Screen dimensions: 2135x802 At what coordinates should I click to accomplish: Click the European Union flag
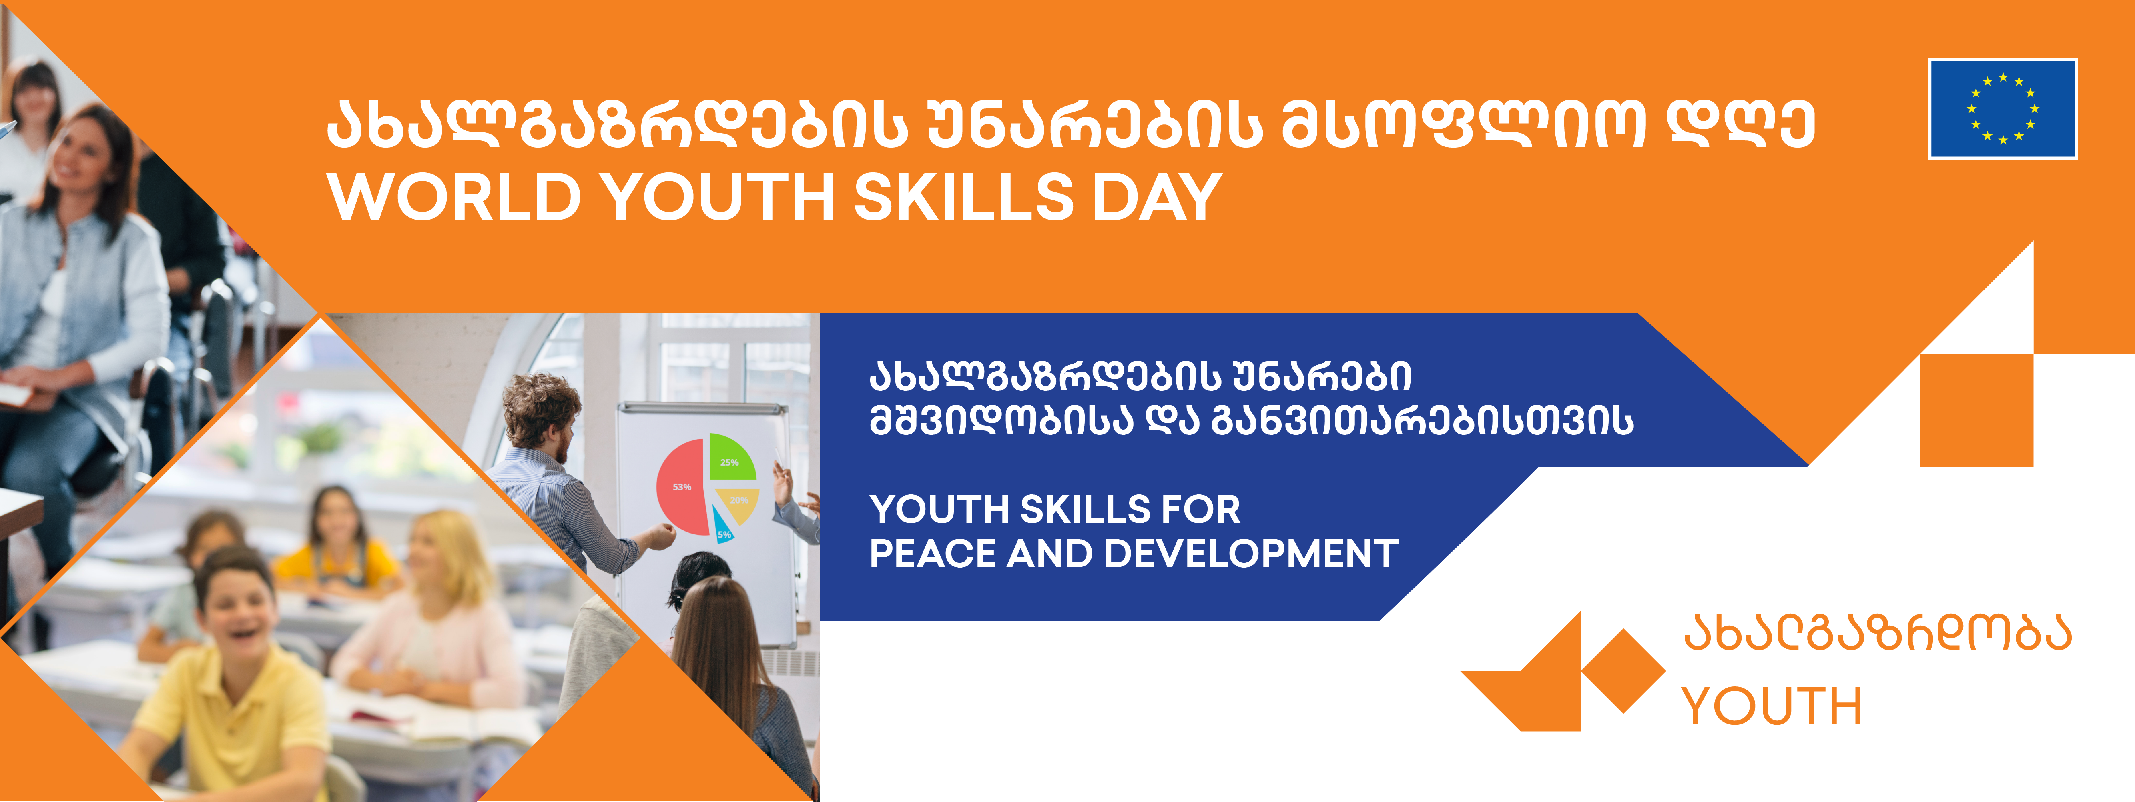pos(2003,108)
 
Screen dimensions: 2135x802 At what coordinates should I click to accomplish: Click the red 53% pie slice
pos(681,487)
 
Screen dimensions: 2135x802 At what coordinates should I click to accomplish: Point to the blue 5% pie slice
pos(723,527)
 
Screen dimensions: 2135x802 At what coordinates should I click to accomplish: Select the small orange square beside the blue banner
pos(1977,410)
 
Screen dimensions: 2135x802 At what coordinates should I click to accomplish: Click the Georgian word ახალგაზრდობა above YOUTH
pos(1877,634)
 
